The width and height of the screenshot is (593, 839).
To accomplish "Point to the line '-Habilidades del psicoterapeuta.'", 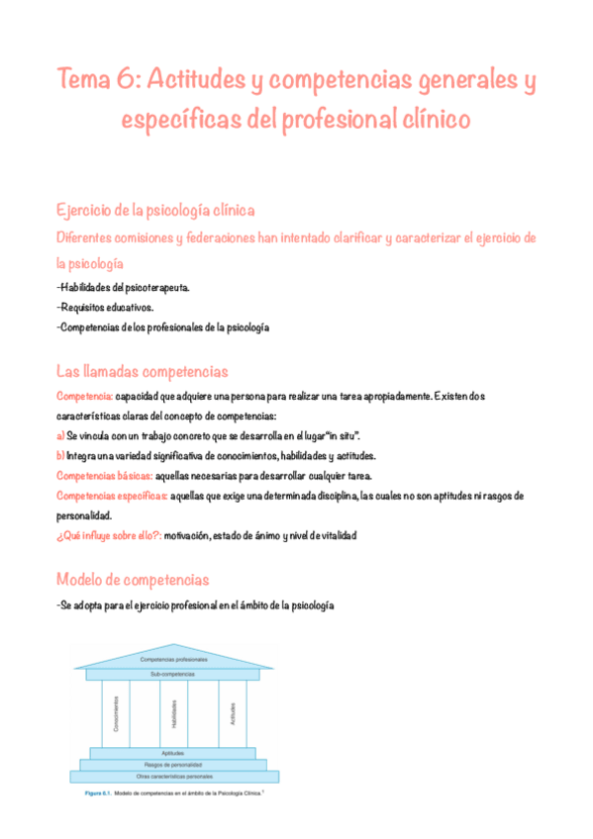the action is tap(123, 287).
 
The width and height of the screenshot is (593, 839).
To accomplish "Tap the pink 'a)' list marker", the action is tap(60, 435).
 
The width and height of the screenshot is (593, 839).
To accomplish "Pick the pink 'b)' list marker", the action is tap(60, 455).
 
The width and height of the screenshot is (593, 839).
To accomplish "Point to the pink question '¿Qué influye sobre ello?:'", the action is tap(109, 535).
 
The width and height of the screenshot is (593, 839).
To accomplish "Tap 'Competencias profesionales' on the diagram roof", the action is tap(174, 658).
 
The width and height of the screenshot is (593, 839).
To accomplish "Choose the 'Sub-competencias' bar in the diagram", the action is tap(174, 674).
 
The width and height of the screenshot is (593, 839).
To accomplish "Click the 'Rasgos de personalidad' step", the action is tap(174, 765).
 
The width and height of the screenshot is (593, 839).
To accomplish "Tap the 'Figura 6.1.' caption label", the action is tap(96, 793).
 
